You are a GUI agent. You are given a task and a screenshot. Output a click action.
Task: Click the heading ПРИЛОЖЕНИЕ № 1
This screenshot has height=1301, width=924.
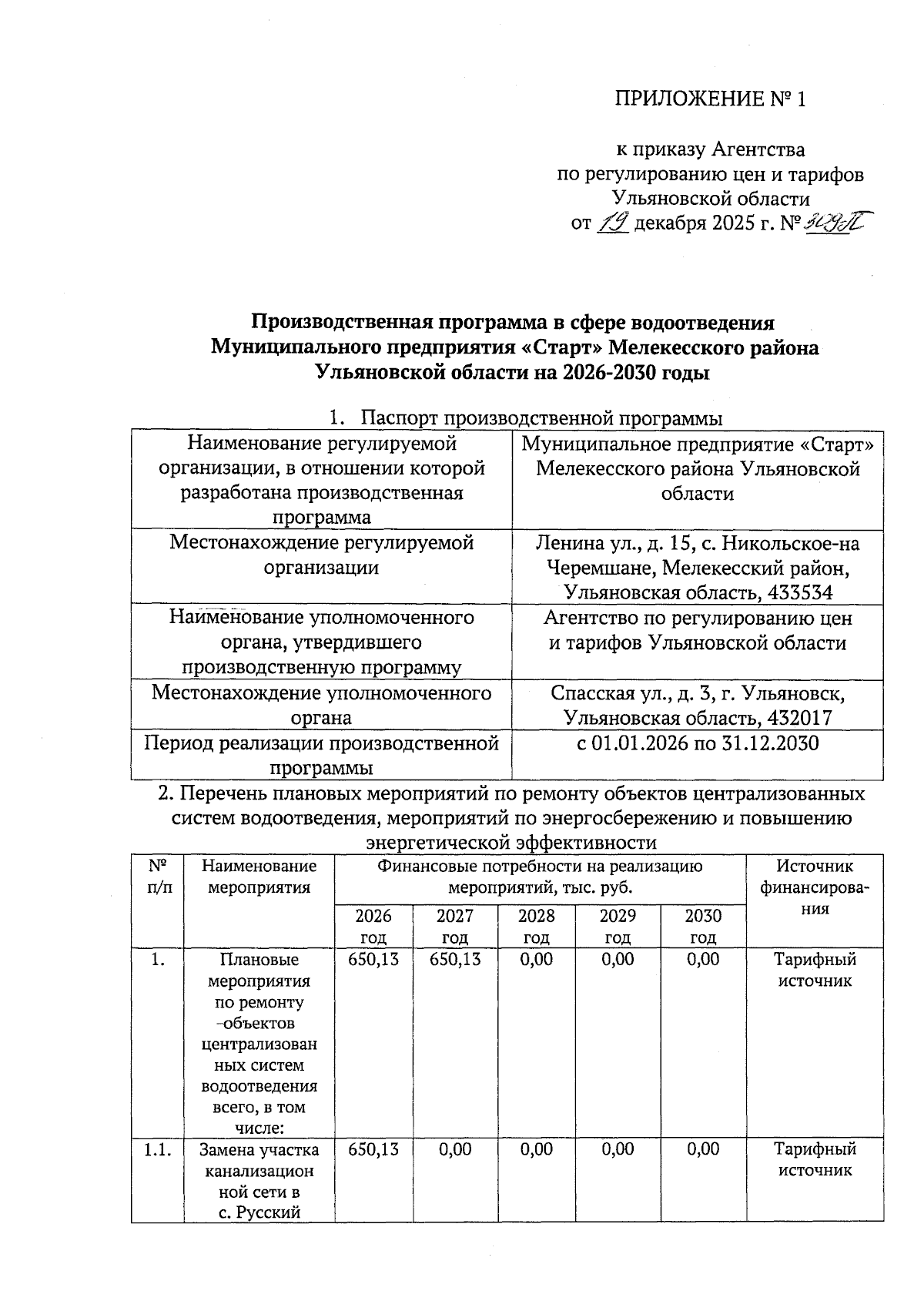(709, 99)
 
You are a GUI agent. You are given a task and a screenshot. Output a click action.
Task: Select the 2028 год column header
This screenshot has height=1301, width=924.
(536, 926)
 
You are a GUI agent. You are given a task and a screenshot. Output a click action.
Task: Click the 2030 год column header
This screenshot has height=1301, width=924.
(703, 926)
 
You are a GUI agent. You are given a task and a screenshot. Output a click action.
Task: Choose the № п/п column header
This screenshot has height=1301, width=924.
(158, 877)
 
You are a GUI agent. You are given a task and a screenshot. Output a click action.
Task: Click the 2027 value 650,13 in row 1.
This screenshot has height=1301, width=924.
(455, 959)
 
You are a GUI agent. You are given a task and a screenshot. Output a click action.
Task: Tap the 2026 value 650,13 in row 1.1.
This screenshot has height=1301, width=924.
(373, 1148)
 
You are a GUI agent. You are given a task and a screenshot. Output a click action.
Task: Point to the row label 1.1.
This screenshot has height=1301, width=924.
(158, 1150)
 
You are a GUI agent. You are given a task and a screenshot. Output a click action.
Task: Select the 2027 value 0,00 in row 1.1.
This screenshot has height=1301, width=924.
(455, 1148)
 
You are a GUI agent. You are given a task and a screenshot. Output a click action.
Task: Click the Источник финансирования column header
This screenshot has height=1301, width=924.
(815, 887)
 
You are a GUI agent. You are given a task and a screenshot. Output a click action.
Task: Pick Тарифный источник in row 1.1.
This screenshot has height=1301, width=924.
(815, 1159)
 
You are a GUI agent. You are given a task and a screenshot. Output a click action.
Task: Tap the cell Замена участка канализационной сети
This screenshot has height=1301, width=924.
(259, 1181)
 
